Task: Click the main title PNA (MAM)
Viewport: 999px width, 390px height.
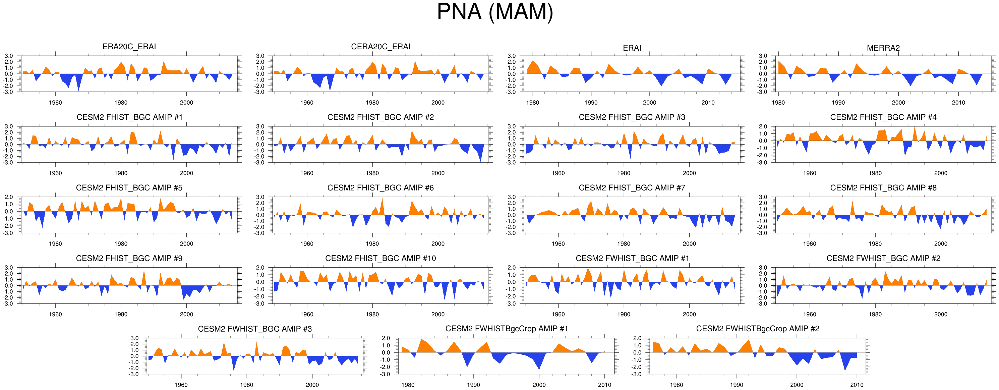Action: tap(495, 12)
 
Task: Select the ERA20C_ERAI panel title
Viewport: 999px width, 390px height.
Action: tap(129, 47)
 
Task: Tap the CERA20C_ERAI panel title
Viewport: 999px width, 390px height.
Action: tap(380, 47)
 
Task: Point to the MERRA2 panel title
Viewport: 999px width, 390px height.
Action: tap(883, 48)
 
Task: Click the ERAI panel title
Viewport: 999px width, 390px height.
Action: tap(632, 48)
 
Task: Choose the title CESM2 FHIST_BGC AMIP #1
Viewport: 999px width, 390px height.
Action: tap(129, 117)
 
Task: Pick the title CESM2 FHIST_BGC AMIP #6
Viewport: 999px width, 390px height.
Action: tap(380, 188)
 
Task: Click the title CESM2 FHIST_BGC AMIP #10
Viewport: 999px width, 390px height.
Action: tap(380, 259)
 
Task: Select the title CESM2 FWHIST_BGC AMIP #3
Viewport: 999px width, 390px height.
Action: tap(255, 329)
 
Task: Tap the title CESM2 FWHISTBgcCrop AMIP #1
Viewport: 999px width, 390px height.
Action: tap(507, 329)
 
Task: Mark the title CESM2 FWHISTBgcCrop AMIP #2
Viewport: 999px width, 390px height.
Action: tap(757, 329)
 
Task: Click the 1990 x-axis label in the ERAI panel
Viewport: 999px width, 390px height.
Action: tap(591, 103)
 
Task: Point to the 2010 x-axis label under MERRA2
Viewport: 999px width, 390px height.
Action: tap(958, 103)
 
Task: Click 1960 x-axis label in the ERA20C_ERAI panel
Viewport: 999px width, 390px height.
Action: tap(55, 103)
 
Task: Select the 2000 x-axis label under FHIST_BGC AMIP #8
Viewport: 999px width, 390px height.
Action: tap(940, 244)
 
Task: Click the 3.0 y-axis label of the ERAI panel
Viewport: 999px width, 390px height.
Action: tap(512, 56)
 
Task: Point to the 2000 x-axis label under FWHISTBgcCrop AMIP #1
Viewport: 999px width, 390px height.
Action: tap(539, 385)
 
